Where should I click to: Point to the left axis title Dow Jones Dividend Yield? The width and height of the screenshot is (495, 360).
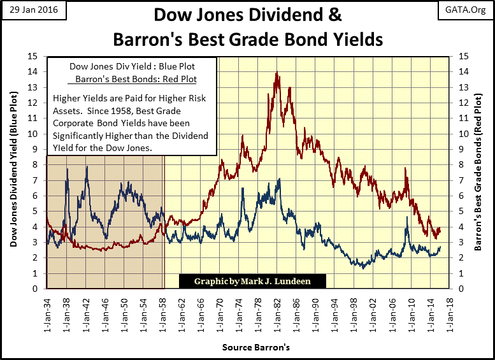(13, 172)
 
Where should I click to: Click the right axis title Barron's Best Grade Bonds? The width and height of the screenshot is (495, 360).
(478, 172)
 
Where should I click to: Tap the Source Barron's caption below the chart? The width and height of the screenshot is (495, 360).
(247, 347)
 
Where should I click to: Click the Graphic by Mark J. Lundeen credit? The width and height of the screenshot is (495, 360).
(253, 281)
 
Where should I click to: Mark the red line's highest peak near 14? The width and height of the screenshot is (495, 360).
(276, 73)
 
